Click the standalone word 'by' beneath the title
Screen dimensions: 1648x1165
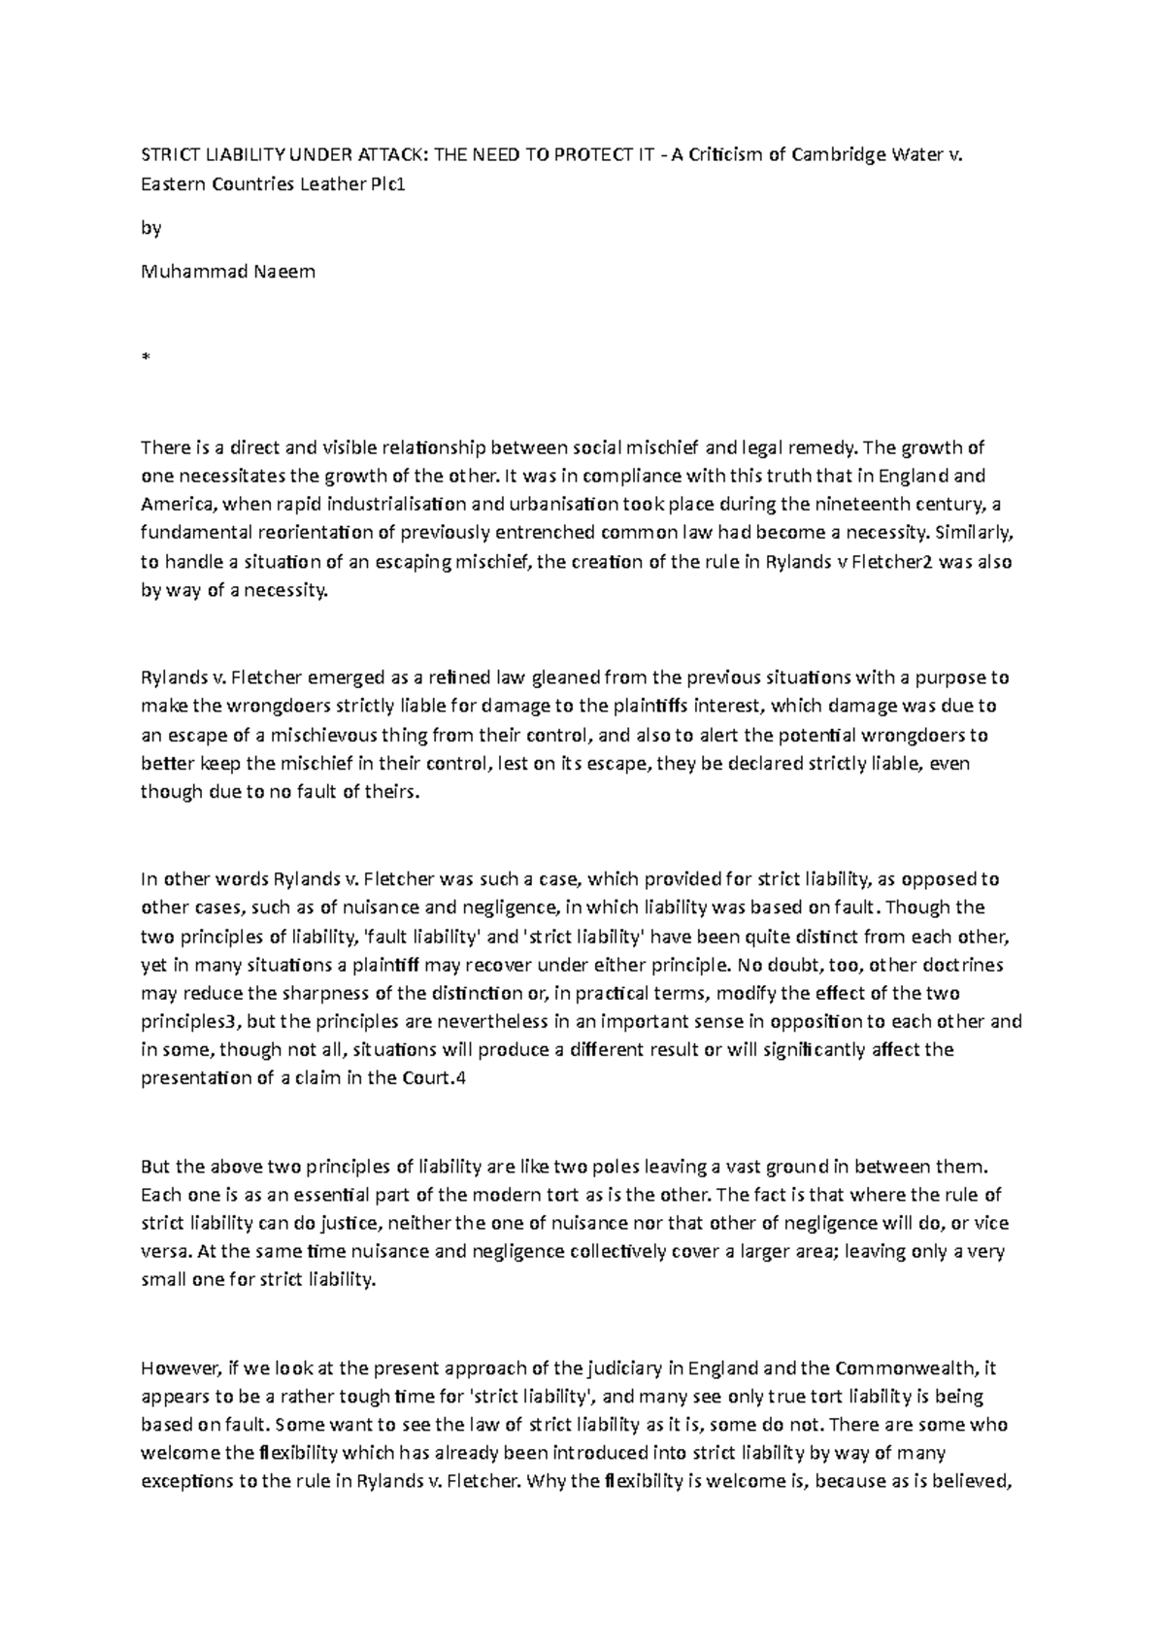point(150,229)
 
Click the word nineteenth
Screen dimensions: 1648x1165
point(812,505)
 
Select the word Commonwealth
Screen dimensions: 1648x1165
point(905,1368)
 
